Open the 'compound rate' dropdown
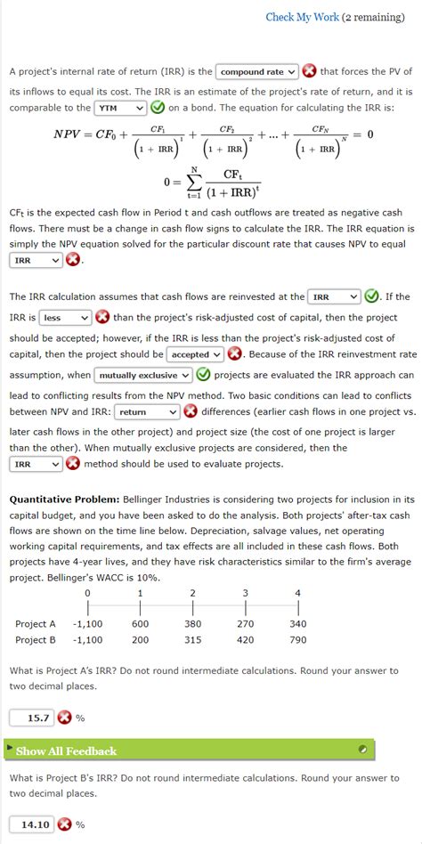point(256,72)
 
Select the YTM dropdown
point(121,109)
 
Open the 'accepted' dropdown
point(195,354)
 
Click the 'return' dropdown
point(147,412)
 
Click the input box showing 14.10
point(32,824)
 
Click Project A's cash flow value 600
point(140,624)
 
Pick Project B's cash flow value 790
point(297,639)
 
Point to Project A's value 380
point(193,624)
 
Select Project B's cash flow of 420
point(245,639)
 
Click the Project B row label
point(36,639)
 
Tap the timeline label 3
point(245,593)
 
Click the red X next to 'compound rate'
point(310,71)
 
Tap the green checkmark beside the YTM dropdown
point(158,109)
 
